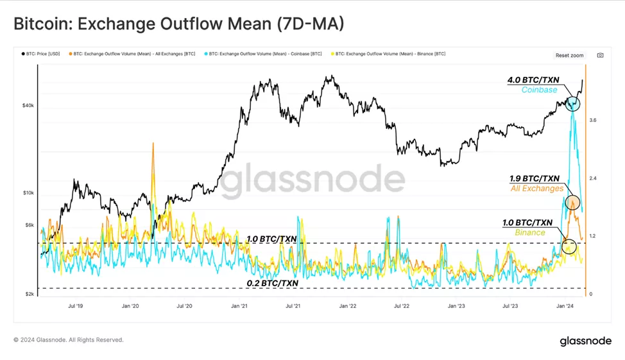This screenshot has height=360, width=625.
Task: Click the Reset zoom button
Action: click(x=569, y=56)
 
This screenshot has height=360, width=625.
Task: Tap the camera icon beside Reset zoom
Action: click(x=600, y=56)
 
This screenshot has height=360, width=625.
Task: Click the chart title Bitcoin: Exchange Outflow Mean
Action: click(x=179, y=24)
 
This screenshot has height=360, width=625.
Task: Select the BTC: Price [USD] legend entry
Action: click(x=41, y=54)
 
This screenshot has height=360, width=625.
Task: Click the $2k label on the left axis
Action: click(x=29, y=294)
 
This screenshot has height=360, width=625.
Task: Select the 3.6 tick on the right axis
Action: click(x=594, y=120)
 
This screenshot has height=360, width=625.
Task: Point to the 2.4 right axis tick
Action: click(x=594, y=178)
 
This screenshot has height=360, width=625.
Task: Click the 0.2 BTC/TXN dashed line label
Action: click(x=272, y=283)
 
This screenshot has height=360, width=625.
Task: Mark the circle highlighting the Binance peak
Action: click(x=569, y=246)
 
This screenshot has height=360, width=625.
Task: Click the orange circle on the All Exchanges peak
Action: click(x=572, y=201)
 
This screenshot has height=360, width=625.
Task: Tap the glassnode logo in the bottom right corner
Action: click(x=585, y=341)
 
